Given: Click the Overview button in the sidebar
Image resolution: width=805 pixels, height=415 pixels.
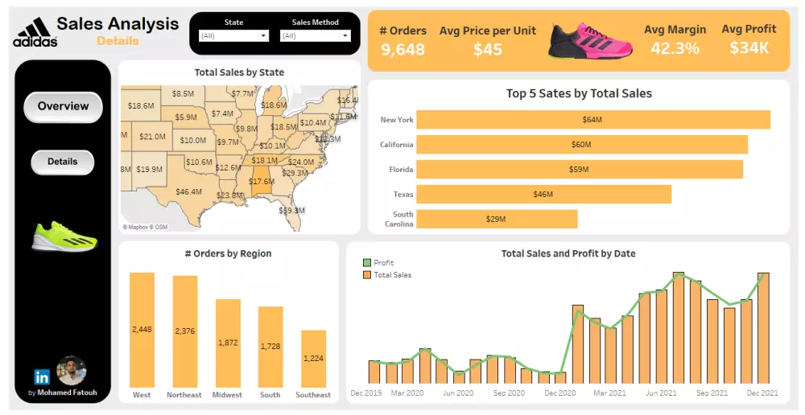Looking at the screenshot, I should click(x=63, y=106).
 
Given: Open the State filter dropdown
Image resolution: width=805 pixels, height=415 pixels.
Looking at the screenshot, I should click(x=233, y=36).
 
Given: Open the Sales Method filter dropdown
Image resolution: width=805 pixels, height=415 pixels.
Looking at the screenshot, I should click(x=315, y=36).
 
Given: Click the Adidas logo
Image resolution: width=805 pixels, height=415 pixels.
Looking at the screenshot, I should click(x=35, y=34).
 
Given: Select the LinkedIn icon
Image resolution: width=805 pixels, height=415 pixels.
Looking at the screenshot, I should click(x=42, y=376).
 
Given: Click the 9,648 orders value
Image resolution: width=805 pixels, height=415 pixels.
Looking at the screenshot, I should click(x=402, y=50).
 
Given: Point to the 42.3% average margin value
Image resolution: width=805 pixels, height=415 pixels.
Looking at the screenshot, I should click(x=675, y=49).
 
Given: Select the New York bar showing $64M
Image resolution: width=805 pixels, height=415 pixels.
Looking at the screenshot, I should click(x=592, y=120).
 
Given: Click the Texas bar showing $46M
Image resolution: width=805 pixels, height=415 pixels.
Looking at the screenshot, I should click(x=543, y=195).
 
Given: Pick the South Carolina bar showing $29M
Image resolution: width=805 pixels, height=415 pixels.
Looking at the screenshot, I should click(x=497, y=220).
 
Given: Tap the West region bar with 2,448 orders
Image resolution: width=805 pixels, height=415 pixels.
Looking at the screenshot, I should click(x=142, y=330).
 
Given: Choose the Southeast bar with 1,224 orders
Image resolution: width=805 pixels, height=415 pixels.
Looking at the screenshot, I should click(x=313, y=359).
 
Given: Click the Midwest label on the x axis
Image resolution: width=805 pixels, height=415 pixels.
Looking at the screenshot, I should click(x=227, y=395).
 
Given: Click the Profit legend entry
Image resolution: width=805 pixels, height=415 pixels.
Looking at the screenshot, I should click(x=384, y=263).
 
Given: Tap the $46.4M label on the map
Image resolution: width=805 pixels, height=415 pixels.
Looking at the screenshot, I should click(x=188, y=191).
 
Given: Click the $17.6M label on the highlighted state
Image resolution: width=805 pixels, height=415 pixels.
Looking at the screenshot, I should click(x=262, y=182).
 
